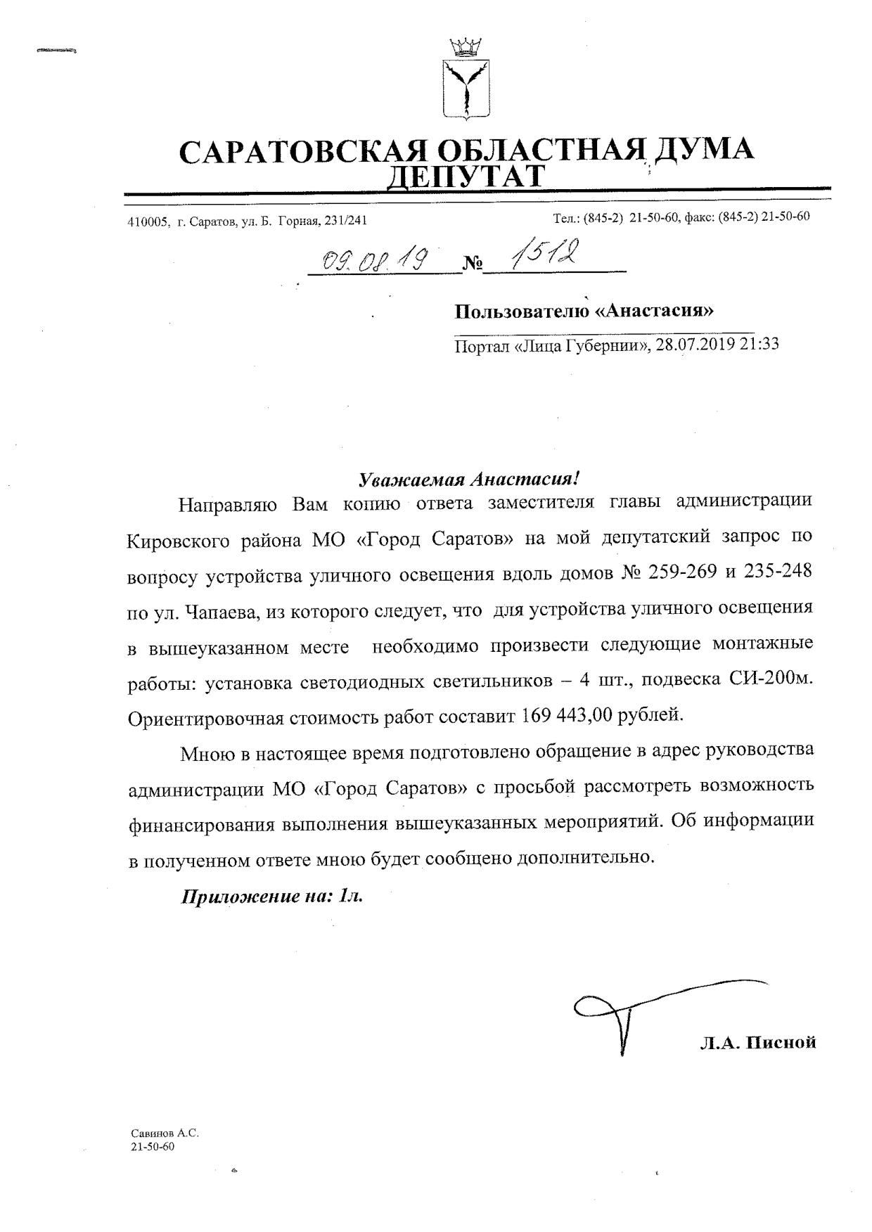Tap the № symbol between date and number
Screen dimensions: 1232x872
473,265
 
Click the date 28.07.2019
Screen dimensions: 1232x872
695,345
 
